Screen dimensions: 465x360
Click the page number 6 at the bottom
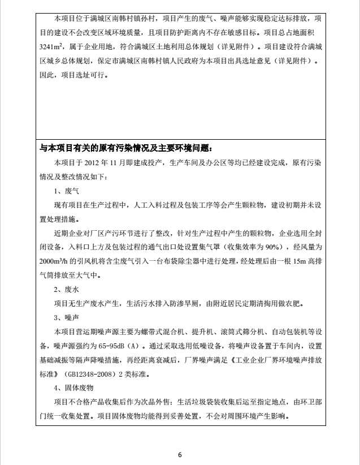coord(180,454)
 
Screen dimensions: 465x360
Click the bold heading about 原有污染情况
coord(125,148)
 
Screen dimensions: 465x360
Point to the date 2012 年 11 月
coord(100,163)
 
